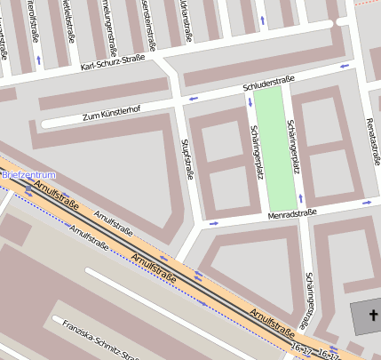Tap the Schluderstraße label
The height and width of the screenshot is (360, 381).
pyautogui.click(x=267, y=86)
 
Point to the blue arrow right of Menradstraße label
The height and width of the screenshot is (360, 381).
pyautogui.click(x=367, y=204)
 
